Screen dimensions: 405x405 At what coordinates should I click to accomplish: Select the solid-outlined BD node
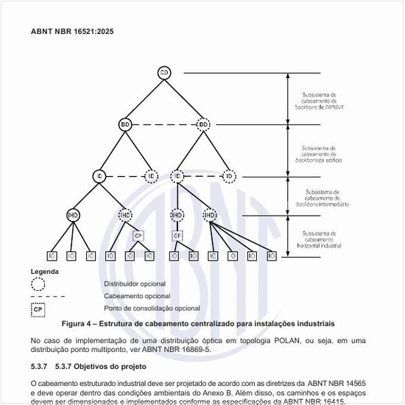[125, 125]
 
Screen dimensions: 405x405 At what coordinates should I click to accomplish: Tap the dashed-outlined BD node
[204, 125]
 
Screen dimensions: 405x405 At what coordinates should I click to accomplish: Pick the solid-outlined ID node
[99, 177]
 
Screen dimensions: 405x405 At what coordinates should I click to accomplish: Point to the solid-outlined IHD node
[73, 215]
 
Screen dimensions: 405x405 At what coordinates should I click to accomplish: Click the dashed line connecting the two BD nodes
[164, 125]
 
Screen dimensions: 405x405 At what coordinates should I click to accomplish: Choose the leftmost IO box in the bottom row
[52, 256]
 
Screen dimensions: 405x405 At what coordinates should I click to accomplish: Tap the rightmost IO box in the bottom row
[272, 256]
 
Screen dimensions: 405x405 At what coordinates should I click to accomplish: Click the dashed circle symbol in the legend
[38, 283]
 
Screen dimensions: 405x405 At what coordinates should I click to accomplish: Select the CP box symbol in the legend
[38, 309]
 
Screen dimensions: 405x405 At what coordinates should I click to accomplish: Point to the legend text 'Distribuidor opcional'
[135, 283]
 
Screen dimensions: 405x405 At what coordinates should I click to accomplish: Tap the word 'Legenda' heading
[44, 272]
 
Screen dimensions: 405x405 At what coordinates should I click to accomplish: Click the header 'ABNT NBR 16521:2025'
[72, 32]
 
